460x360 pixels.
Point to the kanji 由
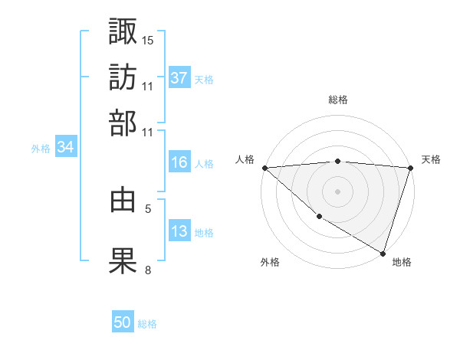pyautogui.click(x=123, y=199)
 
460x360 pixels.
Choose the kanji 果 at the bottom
pyautogui.click(x=123, y=260)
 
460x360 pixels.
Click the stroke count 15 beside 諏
pyautogui.click(x=148, y=39)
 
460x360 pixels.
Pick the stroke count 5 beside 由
pyautogui.click(x=148, y=207)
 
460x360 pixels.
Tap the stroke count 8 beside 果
pyautogui.click(x=148, y=269)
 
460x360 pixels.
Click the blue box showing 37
pyautogui.click(x=179, y=78)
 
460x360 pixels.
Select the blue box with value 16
pyautogui.click(x=179, y=162)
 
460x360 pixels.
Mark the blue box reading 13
pyautogui.click(x=179, y=232)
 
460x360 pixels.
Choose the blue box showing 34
pyautogui.click(x=66, y=149)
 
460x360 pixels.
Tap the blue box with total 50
pyautogui.click(x=123, y=323)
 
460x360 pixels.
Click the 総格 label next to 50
pyautogui.click(x=147, y=324)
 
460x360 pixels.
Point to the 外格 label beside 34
pyautogui.click(x=41, y=149)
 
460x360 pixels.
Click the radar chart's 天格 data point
pyautogui.click(x=410, y=169)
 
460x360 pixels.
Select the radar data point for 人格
pyautogui.click(x=264, y=168)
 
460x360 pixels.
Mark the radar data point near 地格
pyautogui.click(x=383, y=252)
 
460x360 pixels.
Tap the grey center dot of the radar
pyautogui.click(x=337, y=191)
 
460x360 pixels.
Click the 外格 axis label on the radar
pyautogui.click(x=271, y=262)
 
